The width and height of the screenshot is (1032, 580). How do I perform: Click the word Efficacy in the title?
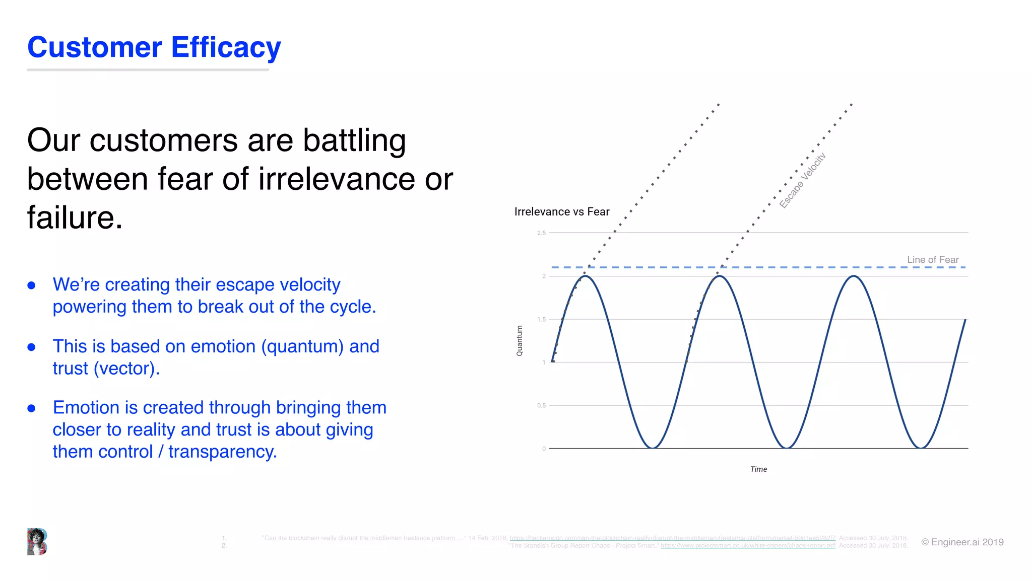(x=226, y=48)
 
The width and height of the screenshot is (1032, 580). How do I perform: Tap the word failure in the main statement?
(x=74, y=218)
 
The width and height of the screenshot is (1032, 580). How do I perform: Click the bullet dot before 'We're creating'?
(x=32, y=285)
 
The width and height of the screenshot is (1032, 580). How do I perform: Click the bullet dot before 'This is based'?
(x=32, y=347)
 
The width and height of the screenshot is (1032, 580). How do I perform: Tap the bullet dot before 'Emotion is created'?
(x=32, y=408)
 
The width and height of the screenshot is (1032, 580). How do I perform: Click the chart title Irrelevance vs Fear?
(x=561, y=212)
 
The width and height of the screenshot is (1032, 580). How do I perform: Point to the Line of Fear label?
(x=932, y=260)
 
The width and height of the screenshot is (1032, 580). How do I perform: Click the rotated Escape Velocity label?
(x=802, y=180)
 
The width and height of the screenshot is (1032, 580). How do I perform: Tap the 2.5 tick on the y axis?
(x=541, y=233)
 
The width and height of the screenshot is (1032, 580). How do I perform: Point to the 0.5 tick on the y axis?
(x=541, y=406)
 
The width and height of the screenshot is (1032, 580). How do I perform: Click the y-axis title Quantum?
(x=520, y=341)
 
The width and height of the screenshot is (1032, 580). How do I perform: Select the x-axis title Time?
(x=758, y=469)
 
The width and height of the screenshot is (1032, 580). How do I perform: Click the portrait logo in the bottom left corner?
(x=37, y=542)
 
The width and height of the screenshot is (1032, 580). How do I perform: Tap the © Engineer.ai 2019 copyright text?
(x=962, y=542)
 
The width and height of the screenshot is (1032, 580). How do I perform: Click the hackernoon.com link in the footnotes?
(x=672, y=538)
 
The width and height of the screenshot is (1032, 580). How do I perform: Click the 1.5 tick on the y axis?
(x=541, y=320)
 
